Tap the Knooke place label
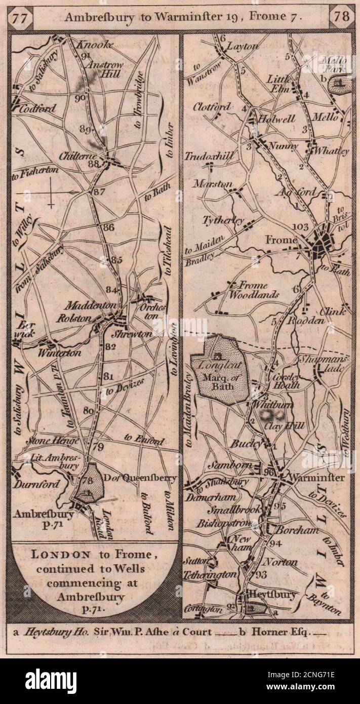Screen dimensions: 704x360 coord(95,45)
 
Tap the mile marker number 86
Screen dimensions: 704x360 coord(108,227)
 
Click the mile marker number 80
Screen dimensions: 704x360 coord(89,411)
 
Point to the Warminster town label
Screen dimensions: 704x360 coord(316,478)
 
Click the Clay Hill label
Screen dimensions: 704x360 coord(285,426)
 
